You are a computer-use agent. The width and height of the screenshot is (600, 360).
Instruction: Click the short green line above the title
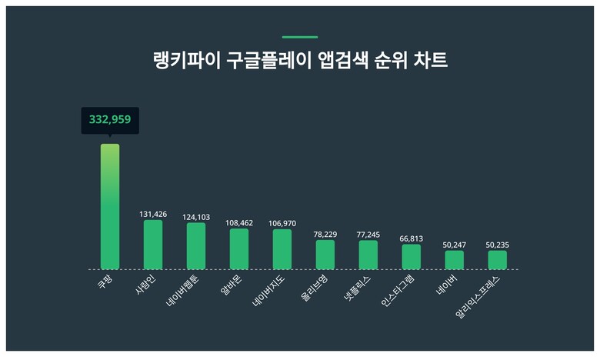(x=300, y=37)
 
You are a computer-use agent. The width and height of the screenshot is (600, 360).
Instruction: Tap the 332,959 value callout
(x=110, y=120)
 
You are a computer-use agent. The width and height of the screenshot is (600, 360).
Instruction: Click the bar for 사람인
(x=153, y=245)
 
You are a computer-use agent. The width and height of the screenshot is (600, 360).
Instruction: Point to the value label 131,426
(x=153, y=214)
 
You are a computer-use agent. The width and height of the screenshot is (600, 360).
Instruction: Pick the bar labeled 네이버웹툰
(x=196, y=246)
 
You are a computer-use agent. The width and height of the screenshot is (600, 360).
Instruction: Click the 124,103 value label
(x=196, y=217)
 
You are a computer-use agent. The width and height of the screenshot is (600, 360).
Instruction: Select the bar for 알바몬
(x=239, y=248)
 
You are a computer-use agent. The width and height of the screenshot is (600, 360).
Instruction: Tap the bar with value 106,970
(x=282, y=249)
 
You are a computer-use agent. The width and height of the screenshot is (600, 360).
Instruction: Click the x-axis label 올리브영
(x=315, y=287)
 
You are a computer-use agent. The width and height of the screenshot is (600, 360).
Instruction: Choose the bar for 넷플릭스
(x=368, y=255)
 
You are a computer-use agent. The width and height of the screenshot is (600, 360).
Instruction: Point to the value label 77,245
(x=368, y=234)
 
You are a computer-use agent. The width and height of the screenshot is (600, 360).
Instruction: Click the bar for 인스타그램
(x=412, y=257)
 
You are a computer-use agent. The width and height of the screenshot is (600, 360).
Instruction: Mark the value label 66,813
(x=412, y=238)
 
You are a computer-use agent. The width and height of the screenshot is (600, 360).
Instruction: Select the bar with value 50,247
(x=455, y=260)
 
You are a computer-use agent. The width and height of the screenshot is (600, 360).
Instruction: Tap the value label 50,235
(x=497, y=245)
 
